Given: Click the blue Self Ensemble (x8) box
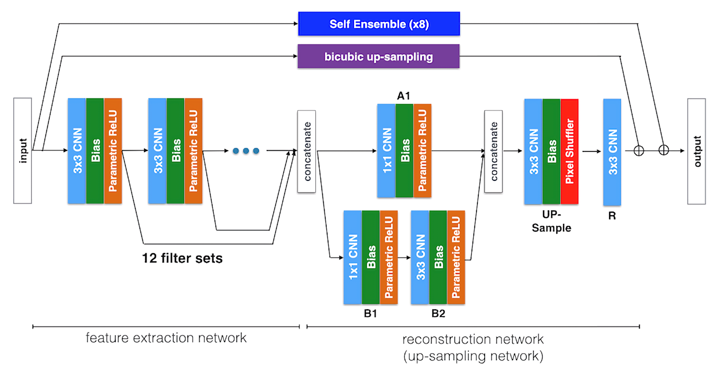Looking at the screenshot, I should pyautogui.click(x=379, y=24).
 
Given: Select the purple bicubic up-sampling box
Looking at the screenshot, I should pyautogui.click(x=379, y=57).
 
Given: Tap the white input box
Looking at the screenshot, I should pyautogui.click(x=23, y=150).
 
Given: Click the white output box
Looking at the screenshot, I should pyautogui.click(x=696, y=150).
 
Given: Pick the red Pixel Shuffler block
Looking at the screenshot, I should pyautogui.click(x=570, y=151).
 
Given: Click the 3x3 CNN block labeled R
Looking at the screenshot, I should pyautogui.click(x=612, y=151).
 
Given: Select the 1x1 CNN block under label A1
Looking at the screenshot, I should pyautogui.click(x=387, y=150).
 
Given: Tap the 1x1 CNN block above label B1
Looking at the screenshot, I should pyautogui.click(x=353, y=257).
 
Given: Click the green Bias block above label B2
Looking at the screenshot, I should pyautogui.click(x=438, y=257).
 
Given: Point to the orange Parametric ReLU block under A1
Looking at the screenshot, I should pyautogui.click(x=422, y=150).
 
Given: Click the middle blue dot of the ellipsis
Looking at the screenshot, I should pyautogui.click(x=246, y=151).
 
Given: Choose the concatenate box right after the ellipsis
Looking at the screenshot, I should pyautogui.click(x=306, y=151).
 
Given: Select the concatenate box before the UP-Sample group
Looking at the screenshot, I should pyautogui.click(x=493, y=151).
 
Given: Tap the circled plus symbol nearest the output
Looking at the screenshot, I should pyautogui.click(x=664, y=150).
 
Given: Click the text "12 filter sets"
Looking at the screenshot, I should pyautogui.click(x=182, y=258).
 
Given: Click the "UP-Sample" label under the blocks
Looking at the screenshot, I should pyautogui.click(x=551, y=222).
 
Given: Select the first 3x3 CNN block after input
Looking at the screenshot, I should pyautogui.click(x=77, y=150).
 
